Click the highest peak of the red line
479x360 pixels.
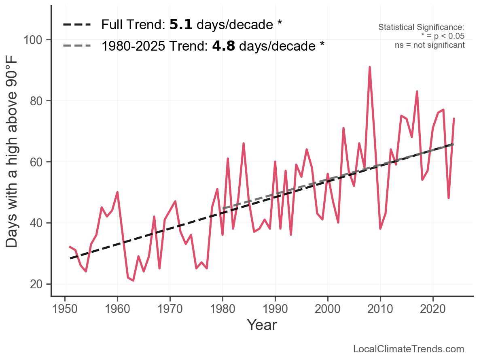(369, 67)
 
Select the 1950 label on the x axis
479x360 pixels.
(65, 309)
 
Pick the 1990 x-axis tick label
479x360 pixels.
(275, 309)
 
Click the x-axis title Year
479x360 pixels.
(262, 325)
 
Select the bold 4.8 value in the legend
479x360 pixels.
(223, 46)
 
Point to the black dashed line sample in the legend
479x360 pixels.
(77, 25)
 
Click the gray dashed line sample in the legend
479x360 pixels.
(77, 46)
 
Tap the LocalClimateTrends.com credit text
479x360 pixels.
(409, 349)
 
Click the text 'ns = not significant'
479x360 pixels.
(430, 45)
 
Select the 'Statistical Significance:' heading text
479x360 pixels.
(421, 27)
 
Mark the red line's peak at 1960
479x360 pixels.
(117, 192)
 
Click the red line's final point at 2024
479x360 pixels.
(454, 119)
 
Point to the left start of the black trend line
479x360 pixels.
(70, 258)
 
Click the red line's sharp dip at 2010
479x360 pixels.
(380, 229)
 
